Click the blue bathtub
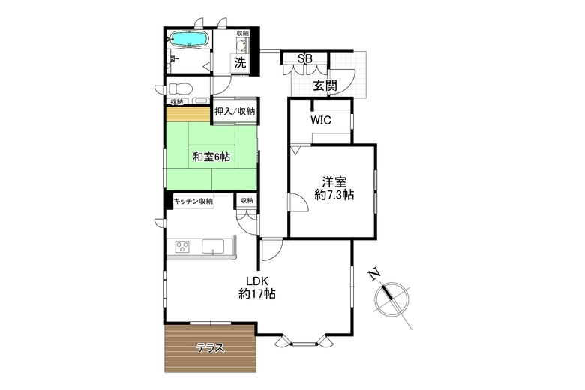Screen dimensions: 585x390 pos(188,39)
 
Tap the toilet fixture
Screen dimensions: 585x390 pos(180,88)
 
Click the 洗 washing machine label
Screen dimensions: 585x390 pos(240,63)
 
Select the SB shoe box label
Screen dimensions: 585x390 pos(304,58)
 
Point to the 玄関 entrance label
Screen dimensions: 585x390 pos(325,85)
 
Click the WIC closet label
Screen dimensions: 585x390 pos(321,121)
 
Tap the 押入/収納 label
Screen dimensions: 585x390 pos(235,111)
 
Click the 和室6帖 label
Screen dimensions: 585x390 pos(211,157)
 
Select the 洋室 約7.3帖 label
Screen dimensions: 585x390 pos(334,188)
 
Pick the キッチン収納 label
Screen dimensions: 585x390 pos(193,201)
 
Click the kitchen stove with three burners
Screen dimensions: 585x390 pos(182,247)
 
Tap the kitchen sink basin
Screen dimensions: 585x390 pos(213,247)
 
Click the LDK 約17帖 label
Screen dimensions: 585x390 pos(257,287)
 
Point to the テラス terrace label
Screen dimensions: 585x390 pos(211,348)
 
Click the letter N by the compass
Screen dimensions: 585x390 pos(373,274)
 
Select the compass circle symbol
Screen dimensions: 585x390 pos(392,298)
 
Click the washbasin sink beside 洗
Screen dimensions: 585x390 pos(241,46)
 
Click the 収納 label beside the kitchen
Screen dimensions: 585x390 pos(247,200)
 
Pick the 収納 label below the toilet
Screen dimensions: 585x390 pos(177,101)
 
